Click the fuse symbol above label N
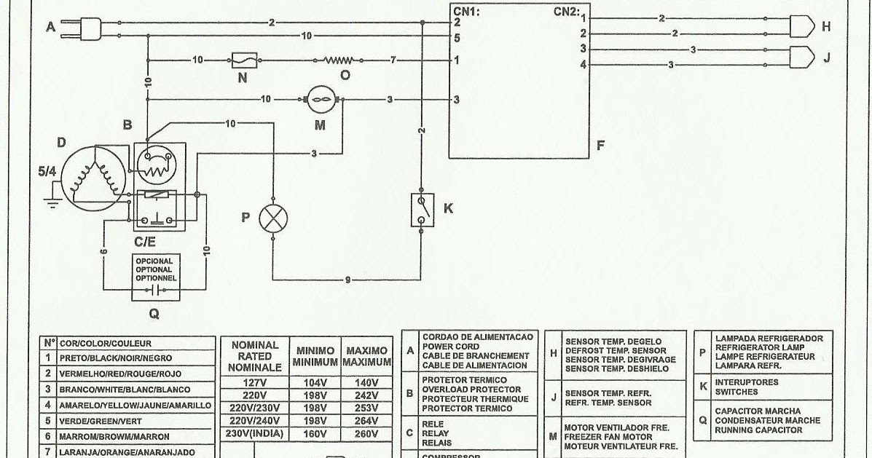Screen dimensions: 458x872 [x=242, y=60]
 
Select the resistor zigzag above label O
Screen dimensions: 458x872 [x=339, y=60]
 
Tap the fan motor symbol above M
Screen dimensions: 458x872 [x=321, y=99]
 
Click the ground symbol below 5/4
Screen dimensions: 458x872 [x=51, y=200]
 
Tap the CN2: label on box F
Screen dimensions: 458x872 [x=566, y=11]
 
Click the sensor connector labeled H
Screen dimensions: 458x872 [x=804, y=27]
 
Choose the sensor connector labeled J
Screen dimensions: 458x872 [x=804, y=57]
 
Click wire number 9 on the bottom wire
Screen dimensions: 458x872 [x=348, y=278]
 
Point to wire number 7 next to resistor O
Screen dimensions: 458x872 [x=393, y=60]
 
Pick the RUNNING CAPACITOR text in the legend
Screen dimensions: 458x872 [x=759, y=430]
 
